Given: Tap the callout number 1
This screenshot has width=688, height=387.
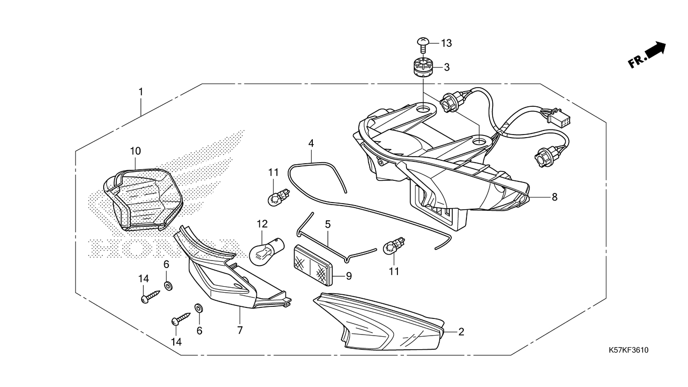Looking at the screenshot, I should pyautogui.click(x=141, y=92).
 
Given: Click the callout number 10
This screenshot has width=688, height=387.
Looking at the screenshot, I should pyautogui.click(x=135, y=151).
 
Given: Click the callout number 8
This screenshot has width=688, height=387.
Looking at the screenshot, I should pyautogui.click(x=555, y=197).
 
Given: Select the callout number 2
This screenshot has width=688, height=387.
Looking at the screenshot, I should pyautogui.click(x=461, y=332).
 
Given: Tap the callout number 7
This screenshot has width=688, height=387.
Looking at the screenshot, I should pyautogui.click(x=240, y=331).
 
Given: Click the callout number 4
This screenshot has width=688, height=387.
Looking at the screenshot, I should pyautogui.click(x=311, y=143).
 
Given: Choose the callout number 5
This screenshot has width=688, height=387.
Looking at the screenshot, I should pyautogui.click(x=327, y=223).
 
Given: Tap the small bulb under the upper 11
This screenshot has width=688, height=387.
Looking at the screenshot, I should pyautogui.click(x=276, y=198).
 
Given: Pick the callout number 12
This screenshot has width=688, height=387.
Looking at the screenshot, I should pyautogui.click(x=262, y=223).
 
